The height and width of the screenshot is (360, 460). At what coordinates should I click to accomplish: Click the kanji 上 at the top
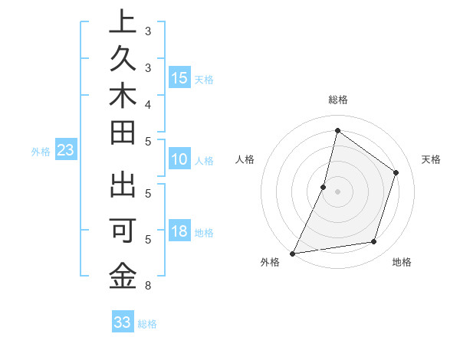[123, 22]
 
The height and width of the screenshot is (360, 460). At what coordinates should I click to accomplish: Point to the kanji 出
[123, 187]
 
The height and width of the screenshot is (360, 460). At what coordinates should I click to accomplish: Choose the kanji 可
[123, 231]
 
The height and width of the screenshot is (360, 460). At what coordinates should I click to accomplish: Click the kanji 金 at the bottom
[123, 274]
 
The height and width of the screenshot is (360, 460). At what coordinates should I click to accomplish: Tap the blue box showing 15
[179, 78]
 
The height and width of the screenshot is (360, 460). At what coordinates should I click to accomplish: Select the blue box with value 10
[179, 159]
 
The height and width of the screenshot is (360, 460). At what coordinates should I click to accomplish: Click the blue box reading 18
[179, 232]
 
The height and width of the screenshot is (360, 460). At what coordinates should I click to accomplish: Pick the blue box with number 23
[66, 151]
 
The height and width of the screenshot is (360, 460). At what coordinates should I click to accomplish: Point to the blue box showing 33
[123, 322]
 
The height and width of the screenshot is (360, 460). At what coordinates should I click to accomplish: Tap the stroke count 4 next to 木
[147, 103]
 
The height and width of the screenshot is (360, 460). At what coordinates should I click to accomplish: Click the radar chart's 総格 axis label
[337, 100]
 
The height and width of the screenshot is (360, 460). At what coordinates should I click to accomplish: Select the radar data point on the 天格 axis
[396, 172]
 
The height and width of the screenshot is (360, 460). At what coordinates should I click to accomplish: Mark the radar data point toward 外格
[292, 253]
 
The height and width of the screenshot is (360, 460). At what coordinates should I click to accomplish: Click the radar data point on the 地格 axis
[374, 242]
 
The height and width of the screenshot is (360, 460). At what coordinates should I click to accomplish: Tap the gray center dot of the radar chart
[337, 191]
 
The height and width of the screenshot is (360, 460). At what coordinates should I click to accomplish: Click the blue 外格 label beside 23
[41, 152]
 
